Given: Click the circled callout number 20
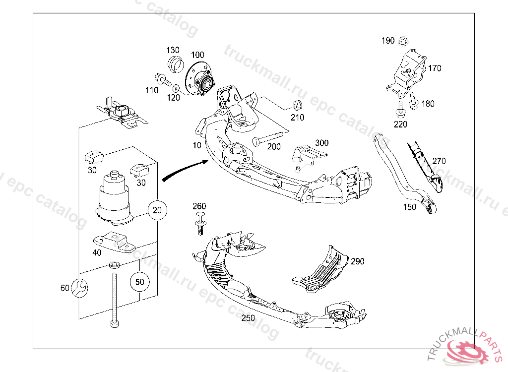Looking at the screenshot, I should (x=157, y=210).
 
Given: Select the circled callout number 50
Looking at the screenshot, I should (x=140, y=282).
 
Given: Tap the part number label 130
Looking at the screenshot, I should (x=173, y=51).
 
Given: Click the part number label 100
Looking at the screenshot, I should (x=197, y=55).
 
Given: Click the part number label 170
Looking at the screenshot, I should (x=435, y=68).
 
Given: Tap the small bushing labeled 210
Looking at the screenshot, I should (x=298, y=105).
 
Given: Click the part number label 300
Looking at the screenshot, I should (x=321, y=143).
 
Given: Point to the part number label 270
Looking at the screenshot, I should (x=439, y=161).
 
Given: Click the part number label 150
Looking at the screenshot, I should (x=409, y=207).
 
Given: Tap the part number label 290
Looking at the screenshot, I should (x=357, y=261).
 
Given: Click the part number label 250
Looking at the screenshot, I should (x=249, y=318).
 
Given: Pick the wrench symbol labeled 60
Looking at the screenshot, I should (x=79, y=288).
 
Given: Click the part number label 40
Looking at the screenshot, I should (x=97, y=252).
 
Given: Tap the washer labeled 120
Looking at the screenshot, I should (x=176, y=88).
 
